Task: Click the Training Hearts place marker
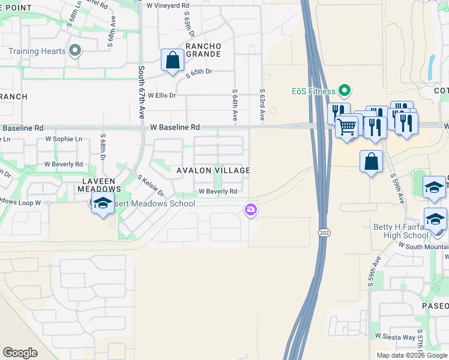point(75,51)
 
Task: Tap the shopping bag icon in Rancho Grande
point(173,60)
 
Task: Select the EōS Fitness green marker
point(345,91)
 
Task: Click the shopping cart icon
point(346,127)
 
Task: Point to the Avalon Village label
point(213,170)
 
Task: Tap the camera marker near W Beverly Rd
point(250,209)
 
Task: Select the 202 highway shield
point(323,232)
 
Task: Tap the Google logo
point(20,353)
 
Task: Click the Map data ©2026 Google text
point(411,355)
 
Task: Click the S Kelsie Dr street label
point(151,185)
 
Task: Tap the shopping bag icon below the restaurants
point(372,161)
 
